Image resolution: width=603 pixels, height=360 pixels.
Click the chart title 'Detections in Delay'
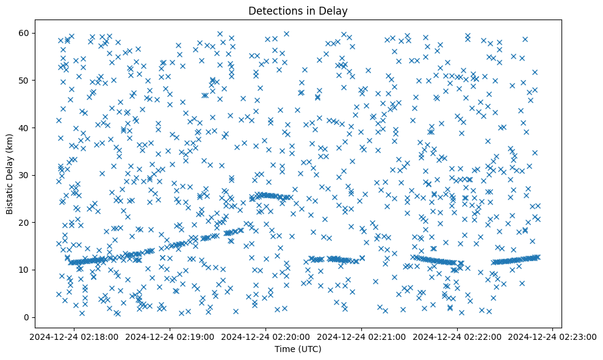coord(298,10)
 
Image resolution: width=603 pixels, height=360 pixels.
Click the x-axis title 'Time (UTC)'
coord(298,350)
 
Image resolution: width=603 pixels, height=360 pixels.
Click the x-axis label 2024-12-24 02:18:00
coord(74,336)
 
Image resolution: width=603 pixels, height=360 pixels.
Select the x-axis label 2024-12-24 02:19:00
coord(170,336)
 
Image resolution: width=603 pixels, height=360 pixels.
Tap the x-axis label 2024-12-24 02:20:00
coord(266,336)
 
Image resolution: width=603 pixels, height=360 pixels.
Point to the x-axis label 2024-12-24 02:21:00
coord(361,336)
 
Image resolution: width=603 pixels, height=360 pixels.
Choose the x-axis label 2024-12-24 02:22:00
coord(457,336)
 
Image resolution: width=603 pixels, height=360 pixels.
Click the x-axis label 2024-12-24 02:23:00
coord(553,336)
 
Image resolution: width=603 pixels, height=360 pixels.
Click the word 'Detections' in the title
coord(272,10)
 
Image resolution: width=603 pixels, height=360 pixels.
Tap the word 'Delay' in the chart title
coord(335,10)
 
